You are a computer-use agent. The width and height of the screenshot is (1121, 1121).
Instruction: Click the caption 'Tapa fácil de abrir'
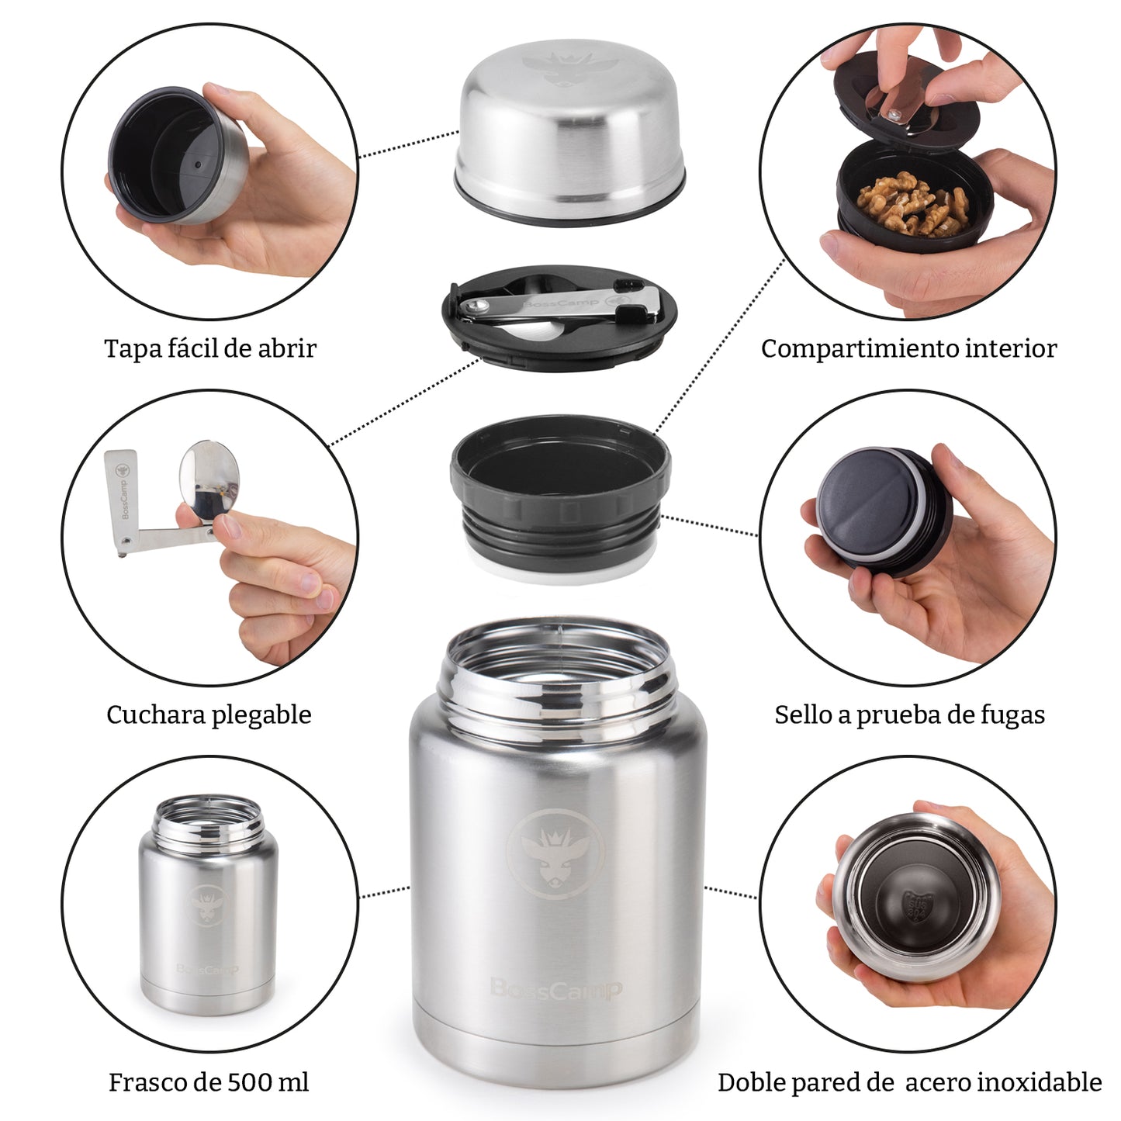[x=210, y=348]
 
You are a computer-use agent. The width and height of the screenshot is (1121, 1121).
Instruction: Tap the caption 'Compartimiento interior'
[x=908, y=348]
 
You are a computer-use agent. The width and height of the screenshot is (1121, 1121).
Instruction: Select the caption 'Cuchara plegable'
[x=209, y=714]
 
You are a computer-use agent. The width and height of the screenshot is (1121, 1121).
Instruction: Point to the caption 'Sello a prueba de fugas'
[x=909, y=714]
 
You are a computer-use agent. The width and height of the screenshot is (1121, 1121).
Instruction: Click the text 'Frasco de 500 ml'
[x=209, y=1081]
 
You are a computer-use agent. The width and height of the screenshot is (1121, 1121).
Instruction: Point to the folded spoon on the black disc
[x=559, y=305]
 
